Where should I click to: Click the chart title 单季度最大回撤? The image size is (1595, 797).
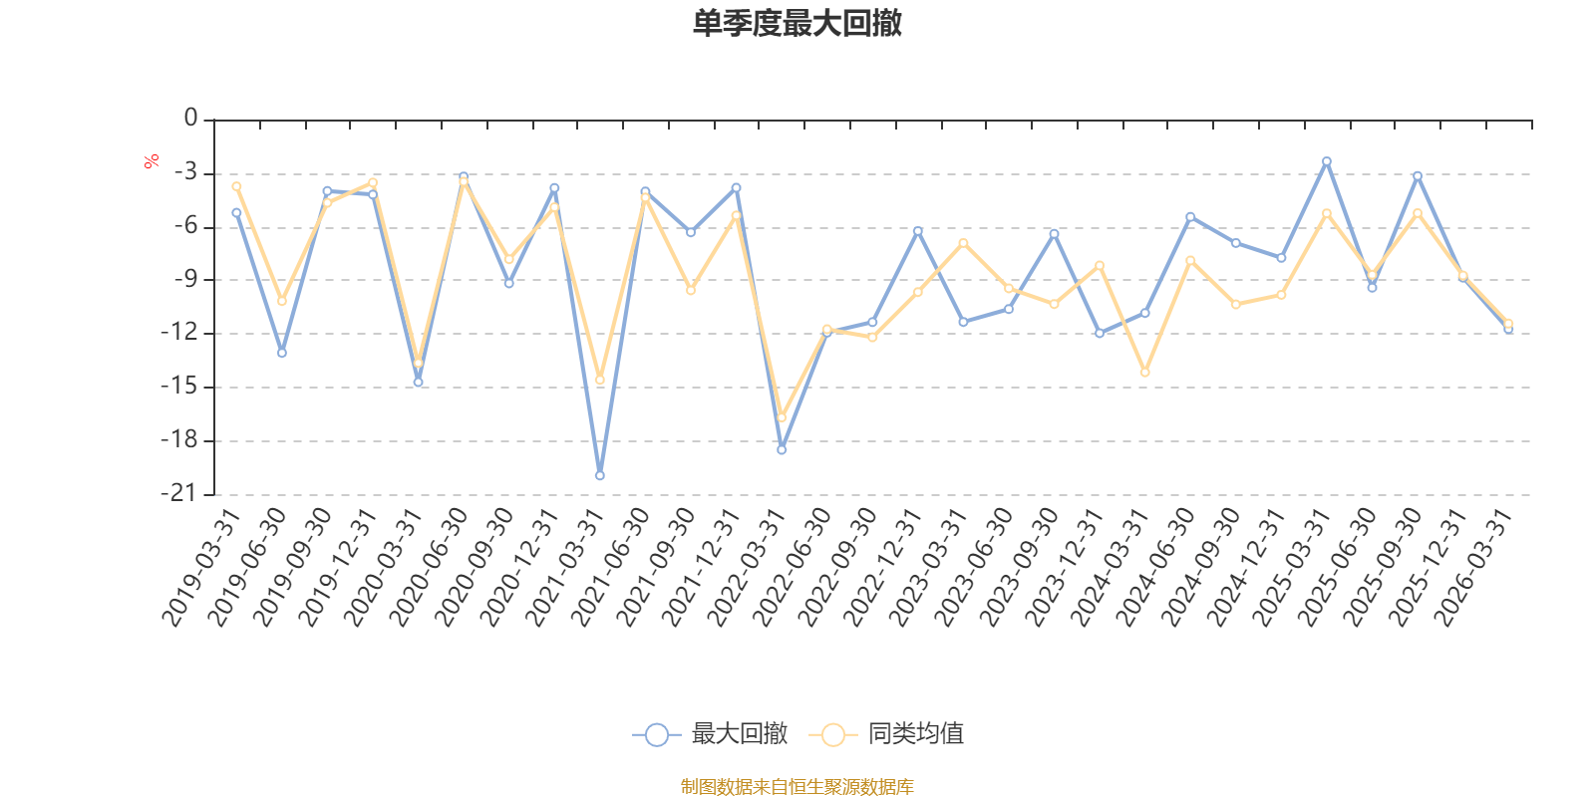(x=797, y=24)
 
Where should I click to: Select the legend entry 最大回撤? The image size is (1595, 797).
(x=711, y=735)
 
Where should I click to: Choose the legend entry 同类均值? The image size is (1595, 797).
(x=887, y=735)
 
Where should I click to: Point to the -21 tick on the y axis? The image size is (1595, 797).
(x=178, y=494)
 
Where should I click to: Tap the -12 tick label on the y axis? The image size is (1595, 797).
(x=178, y=334)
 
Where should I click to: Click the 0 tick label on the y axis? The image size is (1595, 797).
(x=190, y=120)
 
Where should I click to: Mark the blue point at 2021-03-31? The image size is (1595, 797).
(x=599, y=476)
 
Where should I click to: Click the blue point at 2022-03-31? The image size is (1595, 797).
(x=782, y=450)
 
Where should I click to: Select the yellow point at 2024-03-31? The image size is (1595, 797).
(x=1144, y=373)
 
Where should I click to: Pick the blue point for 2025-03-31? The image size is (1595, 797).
(x=1327, y=161)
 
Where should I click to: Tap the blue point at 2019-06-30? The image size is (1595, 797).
(x=282, y=353)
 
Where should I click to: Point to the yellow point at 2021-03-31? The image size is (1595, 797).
(x=599, y=380)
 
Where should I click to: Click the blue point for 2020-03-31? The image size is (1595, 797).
(x=418, y=382)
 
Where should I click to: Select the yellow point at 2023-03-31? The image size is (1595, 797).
(x=963, y=243)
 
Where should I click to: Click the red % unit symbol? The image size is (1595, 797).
(x=152, y=161)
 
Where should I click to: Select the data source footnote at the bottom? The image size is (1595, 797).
(x=797, y=787)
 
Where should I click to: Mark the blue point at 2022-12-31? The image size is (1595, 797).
(x=918, y=231)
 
